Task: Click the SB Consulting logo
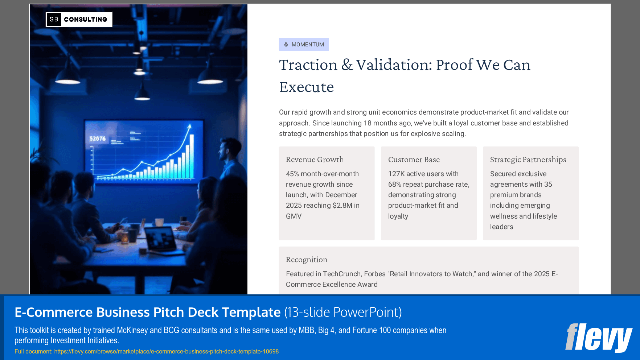[x=79, y=19]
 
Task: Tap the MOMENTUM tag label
[x=307, y=45]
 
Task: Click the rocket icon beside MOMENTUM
[x=286, y=44]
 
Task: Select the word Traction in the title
[x=308, y=65]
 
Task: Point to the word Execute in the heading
[x=306, y=87]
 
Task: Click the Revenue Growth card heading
[x=315, y=160]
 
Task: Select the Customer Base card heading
[x=414, y=160]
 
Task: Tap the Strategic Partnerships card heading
[x=528, y=160]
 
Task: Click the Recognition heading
[x=307, y=260]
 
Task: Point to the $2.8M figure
[x=342, y=206]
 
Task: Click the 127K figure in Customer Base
[x=396, y=174]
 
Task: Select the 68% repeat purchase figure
[x=395, y=185]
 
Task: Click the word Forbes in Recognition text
[x=374, y=274]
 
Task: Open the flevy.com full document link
[x=166, y=351]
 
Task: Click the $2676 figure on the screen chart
[x=98, y=138]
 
